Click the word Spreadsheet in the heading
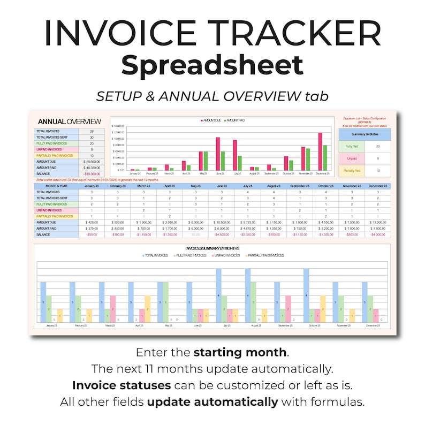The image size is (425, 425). (212, 65)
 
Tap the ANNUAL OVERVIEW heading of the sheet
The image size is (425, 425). (69, 122)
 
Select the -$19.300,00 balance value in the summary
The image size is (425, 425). (92, 174)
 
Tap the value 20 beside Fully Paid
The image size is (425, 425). (378, 146)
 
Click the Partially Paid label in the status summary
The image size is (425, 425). (352, 171)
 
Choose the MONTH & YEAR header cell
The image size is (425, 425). (56, 186)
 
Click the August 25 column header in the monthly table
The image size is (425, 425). (273, 186)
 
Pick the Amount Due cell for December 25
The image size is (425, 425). (377, 222)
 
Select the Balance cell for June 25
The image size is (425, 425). (221, 234)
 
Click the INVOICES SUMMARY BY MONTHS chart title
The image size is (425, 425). (212, 248)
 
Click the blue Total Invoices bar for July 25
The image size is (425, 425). (218, 295)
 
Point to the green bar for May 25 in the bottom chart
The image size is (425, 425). (166, 302)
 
